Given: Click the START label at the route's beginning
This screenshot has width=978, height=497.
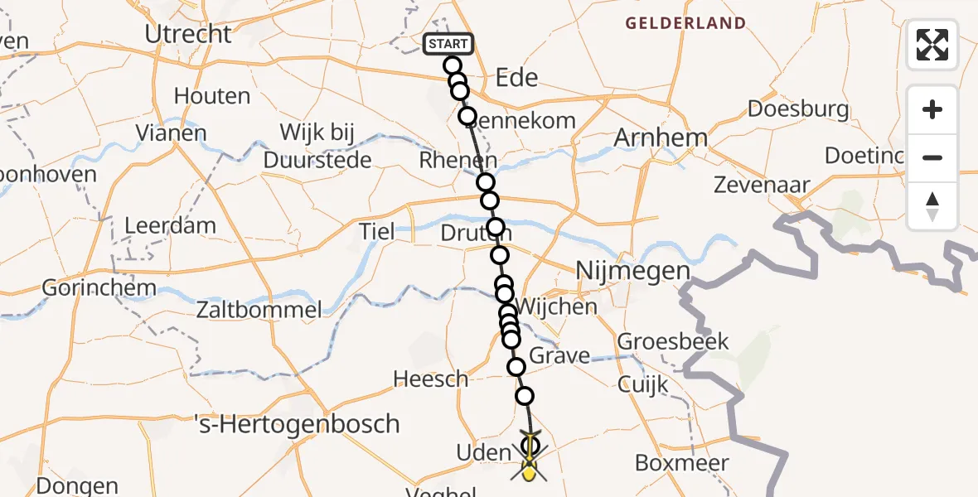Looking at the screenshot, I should pos(448,44).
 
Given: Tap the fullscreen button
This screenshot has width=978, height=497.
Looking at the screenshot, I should pos(932,45).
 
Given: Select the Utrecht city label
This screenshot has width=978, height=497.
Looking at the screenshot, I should pos(188,34).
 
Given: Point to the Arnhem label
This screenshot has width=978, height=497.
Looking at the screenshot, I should pos(661,138).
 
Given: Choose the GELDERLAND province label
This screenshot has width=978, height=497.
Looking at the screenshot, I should pos(685,24).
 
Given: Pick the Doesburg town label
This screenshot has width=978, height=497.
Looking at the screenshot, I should pos(798,109).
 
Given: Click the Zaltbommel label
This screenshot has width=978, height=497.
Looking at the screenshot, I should pos(259,311).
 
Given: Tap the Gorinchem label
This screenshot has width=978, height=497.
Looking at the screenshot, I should pos(99,288).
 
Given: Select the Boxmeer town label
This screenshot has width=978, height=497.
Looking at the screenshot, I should pos(682,462).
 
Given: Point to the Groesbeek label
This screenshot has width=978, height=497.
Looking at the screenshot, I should pos(673,341).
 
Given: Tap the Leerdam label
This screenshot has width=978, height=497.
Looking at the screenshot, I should pos(170,225).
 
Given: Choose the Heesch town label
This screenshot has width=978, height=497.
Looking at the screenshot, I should pos(430,379).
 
